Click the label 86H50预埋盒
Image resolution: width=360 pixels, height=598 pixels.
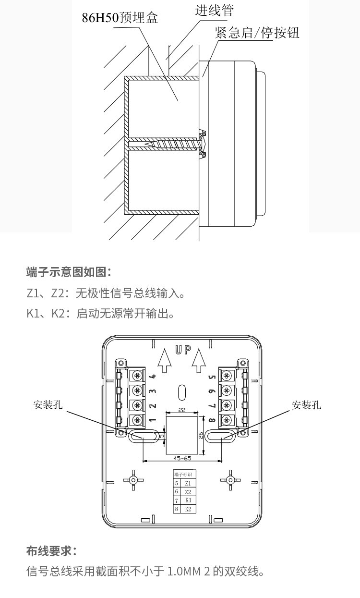[120, 18]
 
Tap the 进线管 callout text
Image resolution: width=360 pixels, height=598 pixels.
[214, 11]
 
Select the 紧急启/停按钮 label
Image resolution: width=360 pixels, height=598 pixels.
[257, 33]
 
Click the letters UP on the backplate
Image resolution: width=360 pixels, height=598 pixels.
[183, 350]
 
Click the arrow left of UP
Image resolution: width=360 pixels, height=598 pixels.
[164, 361]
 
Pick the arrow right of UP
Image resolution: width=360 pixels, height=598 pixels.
[199, 361]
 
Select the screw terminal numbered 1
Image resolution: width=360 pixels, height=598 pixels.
[137, 420]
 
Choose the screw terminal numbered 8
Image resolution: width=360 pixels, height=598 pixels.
[227, 420]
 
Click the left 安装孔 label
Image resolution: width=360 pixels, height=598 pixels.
[48, 405]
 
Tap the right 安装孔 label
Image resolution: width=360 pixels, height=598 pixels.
[306, 405]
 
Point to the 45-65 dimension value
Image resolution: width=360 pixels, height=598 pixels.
[182, 458]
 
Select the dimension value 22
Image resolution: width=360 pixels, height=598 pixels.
[182, 410]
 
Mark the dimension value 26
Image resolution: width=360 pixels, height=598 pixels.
[201, 436]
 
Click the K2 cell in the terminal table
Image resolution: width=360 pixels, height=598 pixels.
[188, 509]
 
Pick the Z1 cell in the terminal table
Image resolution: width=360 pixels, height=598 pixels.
[188, 483]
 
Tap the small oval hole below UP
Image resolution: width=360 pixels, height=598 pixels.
[181, 392]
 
